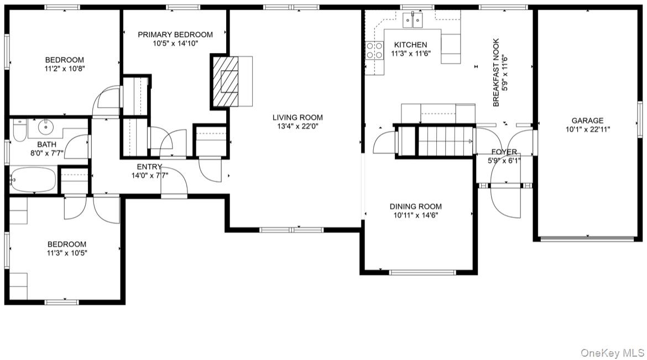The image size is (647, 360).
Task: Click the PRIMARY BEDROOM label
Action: pos(175,35)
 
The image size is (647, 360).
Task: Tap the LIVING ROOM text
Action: pos(298,118)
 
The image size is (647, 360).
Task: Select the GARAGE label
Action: pos(588,121)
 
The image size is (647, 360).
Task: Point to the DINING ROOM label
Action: pos(415,206)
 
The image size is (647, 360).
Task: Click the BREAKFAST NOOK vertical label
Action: pos(496,72)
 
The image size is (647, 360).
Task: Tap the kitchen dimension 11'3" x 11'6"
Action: pos(410,54)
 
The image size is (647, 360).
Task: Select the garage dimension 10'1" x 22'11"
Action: pos(588,129)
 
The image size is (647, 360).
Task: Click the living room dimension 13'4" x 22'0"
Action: pos(298,126)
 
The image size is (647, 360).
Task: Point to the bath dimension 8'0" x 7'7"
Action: pos(47,153)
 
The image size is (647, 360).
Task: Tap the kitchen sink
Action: pos(413,20)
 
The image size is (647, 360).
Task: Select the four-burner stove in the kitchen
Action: pos(374,50)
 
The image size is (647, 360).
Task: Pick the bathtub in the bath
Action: pos(33,180)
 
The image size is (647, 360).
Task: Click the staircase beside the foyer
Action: pos(446,141)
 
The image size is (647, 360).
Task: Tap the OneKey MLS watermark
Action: pos(612,353)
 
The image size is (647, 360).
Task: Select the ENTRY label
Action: pos(149,167)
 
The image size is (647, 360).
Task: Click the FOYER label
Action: pos(504,152)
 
